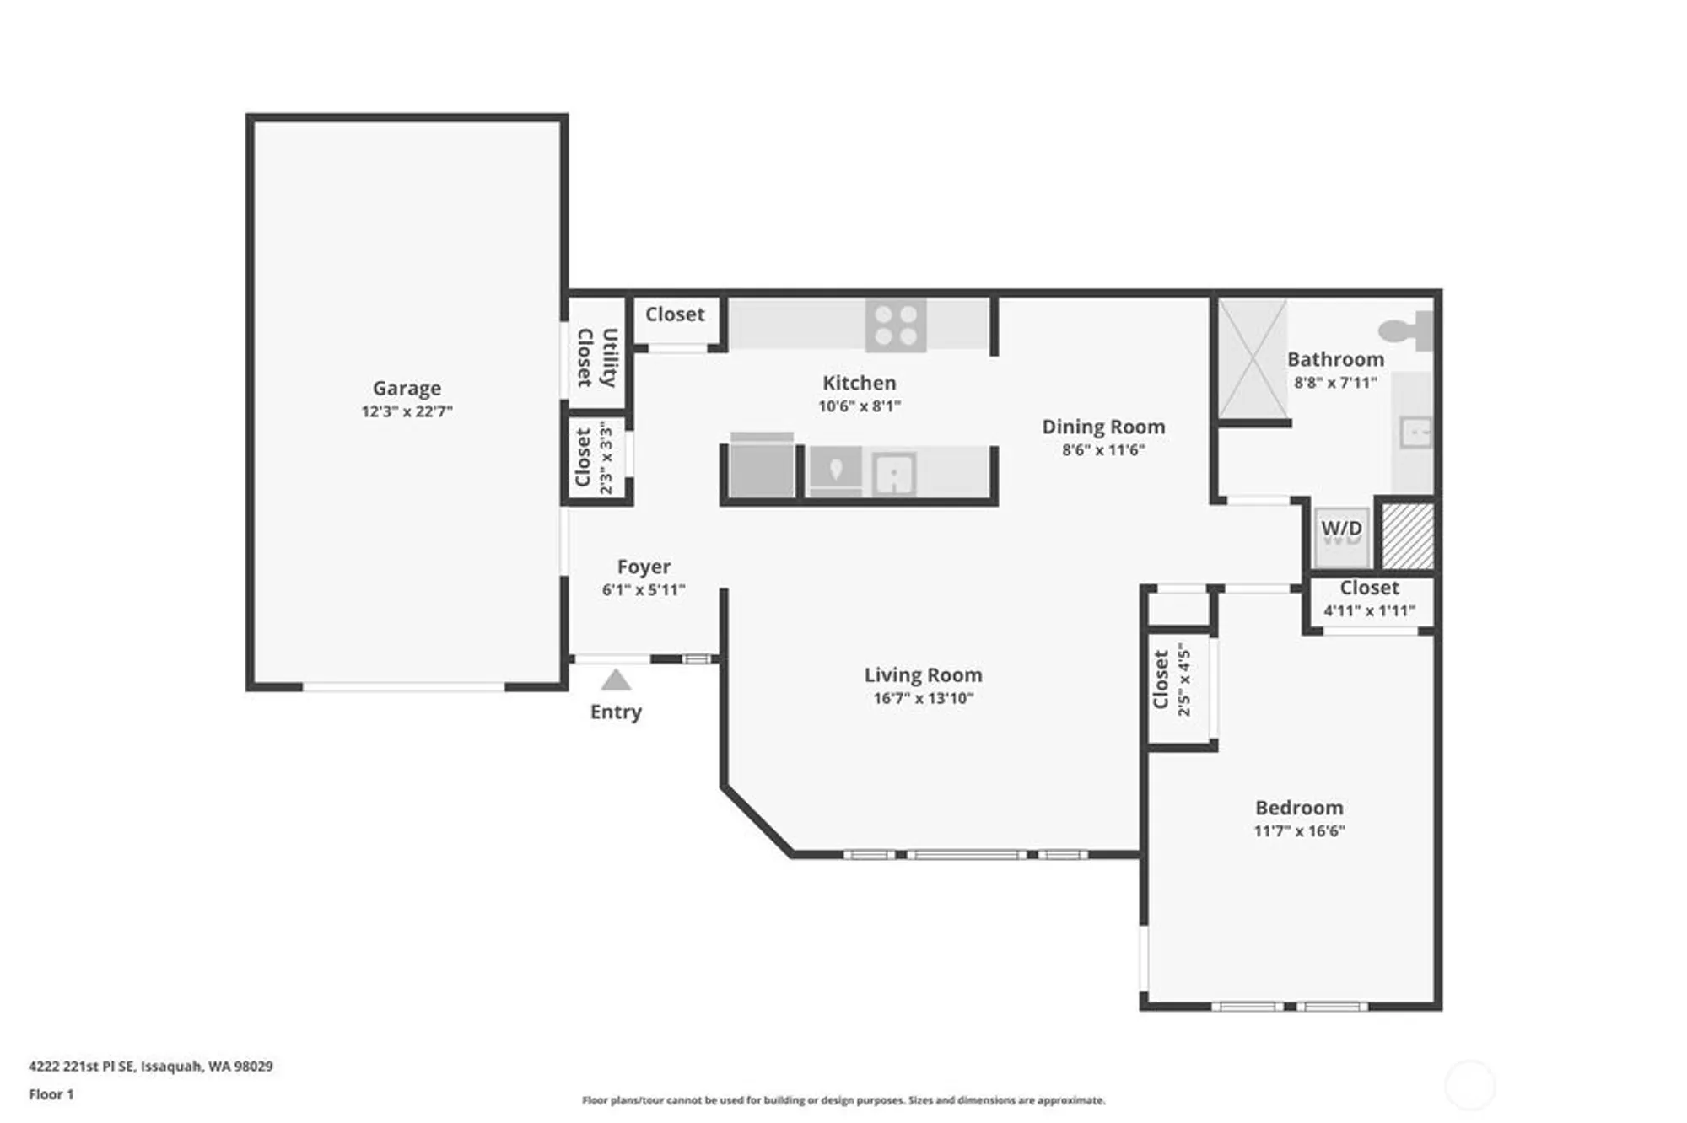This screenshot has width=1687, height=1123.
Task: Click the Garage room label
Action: (x=407, y=388)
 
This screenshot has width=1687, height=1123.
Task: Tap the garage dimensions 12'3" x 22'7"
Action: (x=407, y=411)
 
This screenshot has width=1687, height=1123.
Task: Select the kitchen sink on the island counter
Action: (x=893, y=475)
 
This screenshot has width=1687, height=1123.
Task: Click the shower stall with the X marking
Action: (x=1253, y=359)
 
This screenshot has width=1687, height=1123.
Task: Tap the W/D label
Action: (x=1341, y=529)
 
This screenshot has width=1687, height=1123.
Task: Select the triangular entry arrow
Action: (x=616, y=680)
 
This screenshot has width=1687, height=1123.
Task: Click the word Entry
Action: (x=616, y=712)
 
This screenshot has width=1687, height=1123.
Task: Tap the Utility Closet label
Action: (x=596, y=357)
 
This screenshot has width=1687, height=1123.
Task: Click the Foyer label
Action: (x=644, y=567)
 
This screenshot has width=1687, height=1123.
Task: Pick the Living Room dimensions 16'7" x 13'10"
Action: (x=923, y=698)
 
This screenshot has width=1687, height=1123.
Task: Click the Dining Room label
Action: (x=1103, y=427)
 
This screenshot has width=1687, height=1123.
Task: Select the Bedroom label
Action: (x=1299, y=807)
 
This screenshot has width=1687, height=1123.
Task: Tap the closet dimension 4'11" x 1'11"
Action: (x=1369, y=610)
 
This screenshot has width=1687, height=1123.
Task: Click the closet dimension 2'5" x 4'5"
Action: (x=1184, y=680)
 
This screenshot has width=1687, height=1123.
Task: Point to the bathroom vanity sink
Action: (x=1415, y=433)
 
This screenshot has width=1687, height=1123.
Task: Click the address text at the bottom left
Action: (x=150, y=1066)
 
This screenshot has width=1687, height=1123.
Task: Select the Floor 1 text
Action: (x=51, y=1094)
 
